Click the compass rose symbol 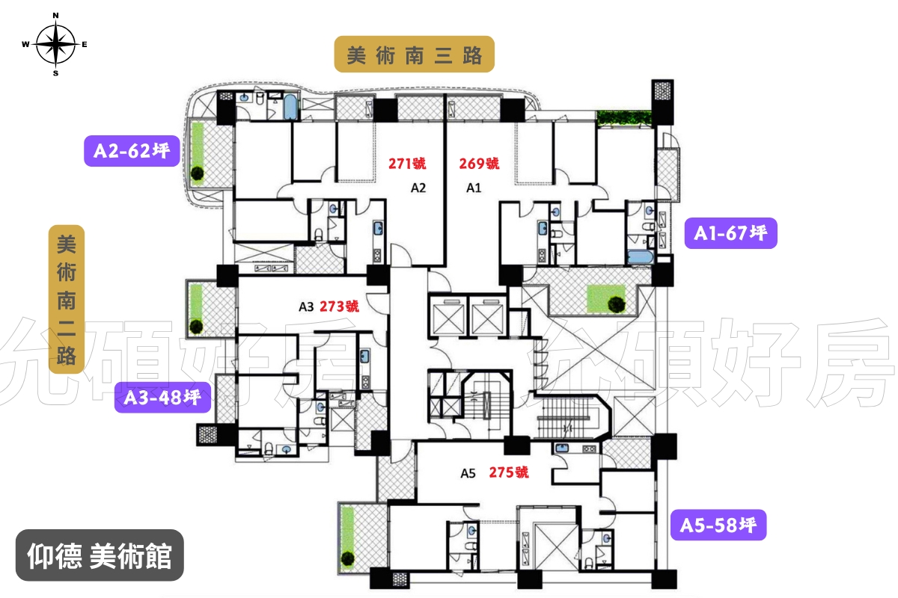coord(55,44)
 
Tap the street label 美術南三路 coord(414,55)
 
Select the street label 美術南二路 coord(67,299)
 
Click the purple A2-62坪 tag coord(132,151)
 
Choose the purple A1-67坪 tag coord(730,233)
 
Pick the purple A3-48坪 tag coord(162,398)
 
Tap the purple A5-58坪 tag coord(718,525)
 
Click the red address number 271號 coord(407,164)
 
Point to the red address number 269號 coord(479,164)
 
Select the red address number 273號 coord(339,306)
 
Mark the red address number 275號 coord(509,472)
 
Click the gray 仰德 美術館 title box coord(100,555)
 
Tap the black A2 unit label coord(418,188)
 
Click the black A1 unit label coord(474,188)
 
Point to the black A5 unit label coord(468,473)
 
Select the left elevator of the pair coord(448,317)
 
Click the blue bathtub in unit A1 coord(640,256)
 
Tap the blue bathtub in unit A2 coord(290,107)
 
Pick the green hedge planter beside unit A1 coord(624,119)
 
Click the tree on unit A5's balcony coord(347,558)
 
